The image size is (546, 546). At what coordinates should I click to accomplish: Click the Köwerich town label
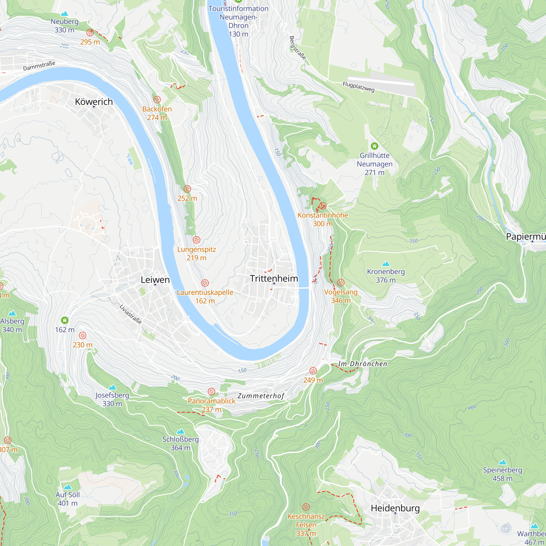pos(94,102)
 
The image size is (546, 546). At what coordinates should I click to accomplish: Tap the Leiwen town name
pos(155,280)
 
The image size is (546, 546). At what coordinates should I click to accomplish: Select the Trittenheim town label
pos(274,278)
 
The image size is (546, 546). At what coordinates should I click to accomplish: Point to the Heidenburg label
pos(395,508)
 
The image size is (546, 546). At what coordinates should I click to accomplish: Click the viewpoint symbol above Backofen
pos(157,99)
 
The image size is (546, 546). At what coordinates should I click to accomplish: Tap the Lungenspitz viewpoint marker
pos(196,240)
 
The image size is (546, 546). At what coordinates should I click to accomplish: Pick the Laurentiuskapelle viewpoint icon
pos(205,283)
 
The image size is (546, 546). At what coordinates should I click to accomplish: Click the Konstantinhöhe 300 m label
pos(323,219)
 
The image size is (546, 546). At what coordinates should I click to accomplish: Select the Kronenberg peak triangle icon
pos(386,264)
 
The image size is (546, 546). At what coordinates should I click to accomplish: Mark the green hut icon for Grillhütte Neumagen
pos(375,146)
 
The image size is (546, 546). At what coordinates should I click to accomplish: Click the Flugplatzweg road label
pos(358,87)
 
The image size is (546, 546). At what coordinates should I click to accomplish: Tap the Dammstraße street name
pos(39,66)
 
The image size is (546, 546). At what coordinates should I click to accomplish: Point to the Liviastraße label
pos(130,314)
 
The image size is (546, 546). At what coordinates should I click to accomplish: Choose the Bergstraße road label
pos(297,48)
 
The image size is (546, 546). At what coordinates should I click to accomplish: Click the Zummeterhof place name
pos(260,396)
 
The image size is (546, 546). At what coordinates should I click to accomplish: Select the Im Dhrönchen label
pos(363,364)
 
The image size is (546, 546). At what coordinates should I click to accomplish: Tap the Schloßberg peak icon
pos(180,431)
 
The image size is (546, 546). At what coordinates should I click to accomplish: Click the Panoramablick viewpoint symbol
pos(211,391)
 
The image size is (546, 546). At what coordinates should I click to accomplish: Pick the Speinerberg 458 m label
pos(503,474)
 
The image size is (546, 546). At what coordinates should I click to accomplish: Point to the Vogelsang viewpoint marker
pos(341,282)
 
